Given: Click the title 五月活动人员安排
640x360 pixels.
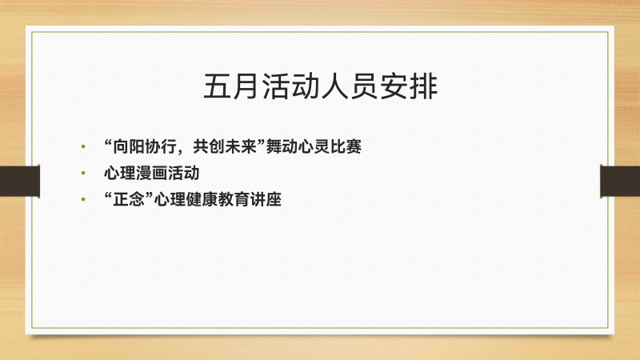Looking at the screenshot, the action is (321, 86).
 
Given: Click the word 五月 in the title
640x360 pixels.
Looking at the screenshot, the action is (232, 86).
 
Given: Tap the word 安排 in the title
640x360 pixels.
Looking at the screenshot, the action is (409, 86).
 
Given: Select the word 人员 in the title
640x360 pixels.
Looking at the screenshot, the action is (350, 86).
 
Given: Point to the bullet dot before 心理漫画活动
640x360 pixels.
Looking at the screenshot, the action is (83, 173).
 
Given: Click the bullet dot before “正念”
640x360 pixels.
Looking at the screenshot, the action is (83, 199).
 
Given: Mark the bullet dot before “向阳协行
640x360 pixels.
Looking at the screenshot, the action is (83, 146).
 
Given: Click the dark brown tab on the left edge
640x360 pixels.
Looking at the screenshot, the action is (19, 182).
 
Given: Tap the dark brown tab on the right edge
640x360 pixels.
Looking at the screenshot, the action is (620, 182).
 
